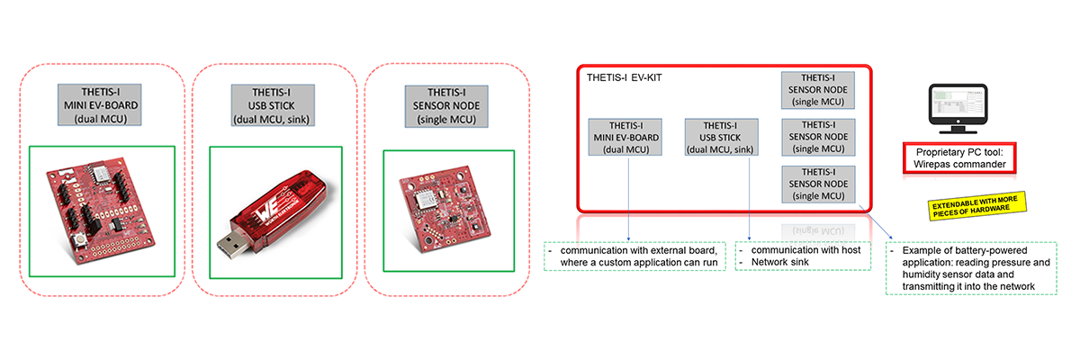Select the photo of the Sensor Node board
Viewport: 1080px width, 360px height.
click(445, 212)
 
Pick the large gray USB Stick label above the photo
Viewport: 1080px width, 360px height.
click(271, 103)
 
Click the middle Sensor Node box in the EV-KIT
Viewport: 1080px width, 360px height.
click(818, 137)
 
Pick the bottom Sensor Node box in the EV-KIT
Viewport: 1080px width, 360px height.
click(818, 184)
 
